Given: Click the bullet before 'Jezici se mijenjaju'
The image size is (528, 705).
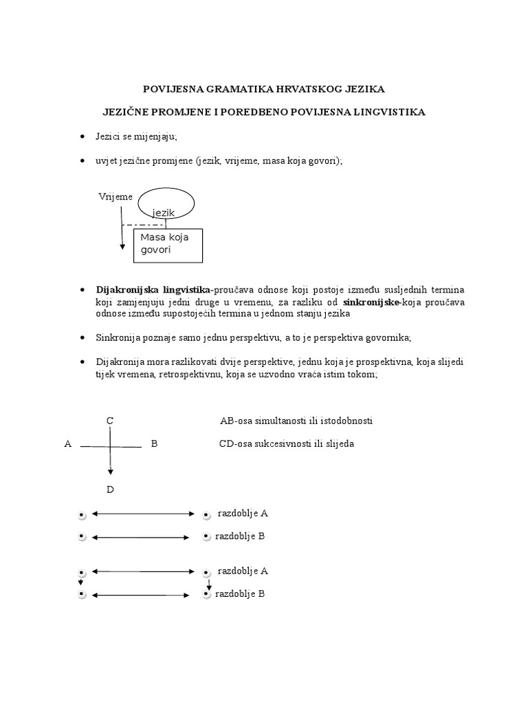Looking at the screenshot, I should [82, 137].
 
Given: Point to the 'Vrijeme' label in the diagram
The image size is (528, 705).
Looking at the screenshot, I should [115, 197].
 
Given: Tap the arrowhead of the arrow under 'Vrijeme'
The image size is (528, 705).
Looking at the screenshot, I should [122, 246].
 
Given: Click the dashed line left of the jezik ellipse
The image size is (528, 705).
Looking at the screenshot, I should [142, 224].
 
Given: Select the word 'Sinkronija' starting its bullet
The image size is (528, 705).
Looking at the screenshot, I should [115, 338].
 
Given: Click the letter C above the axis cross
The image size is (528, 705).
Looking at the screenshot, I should [110, 421].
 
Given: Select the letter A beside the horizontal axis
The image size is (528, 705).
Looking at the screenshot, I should [67, 444].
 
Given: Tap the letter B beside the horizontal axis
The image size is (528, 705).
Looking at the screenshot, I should [154, 444].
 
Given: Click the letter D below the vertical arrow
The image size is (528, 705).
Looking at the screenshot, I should [110, 490].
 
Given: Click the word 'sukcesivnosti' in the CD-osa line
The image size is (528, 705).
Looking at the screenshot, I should [282, 444].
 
